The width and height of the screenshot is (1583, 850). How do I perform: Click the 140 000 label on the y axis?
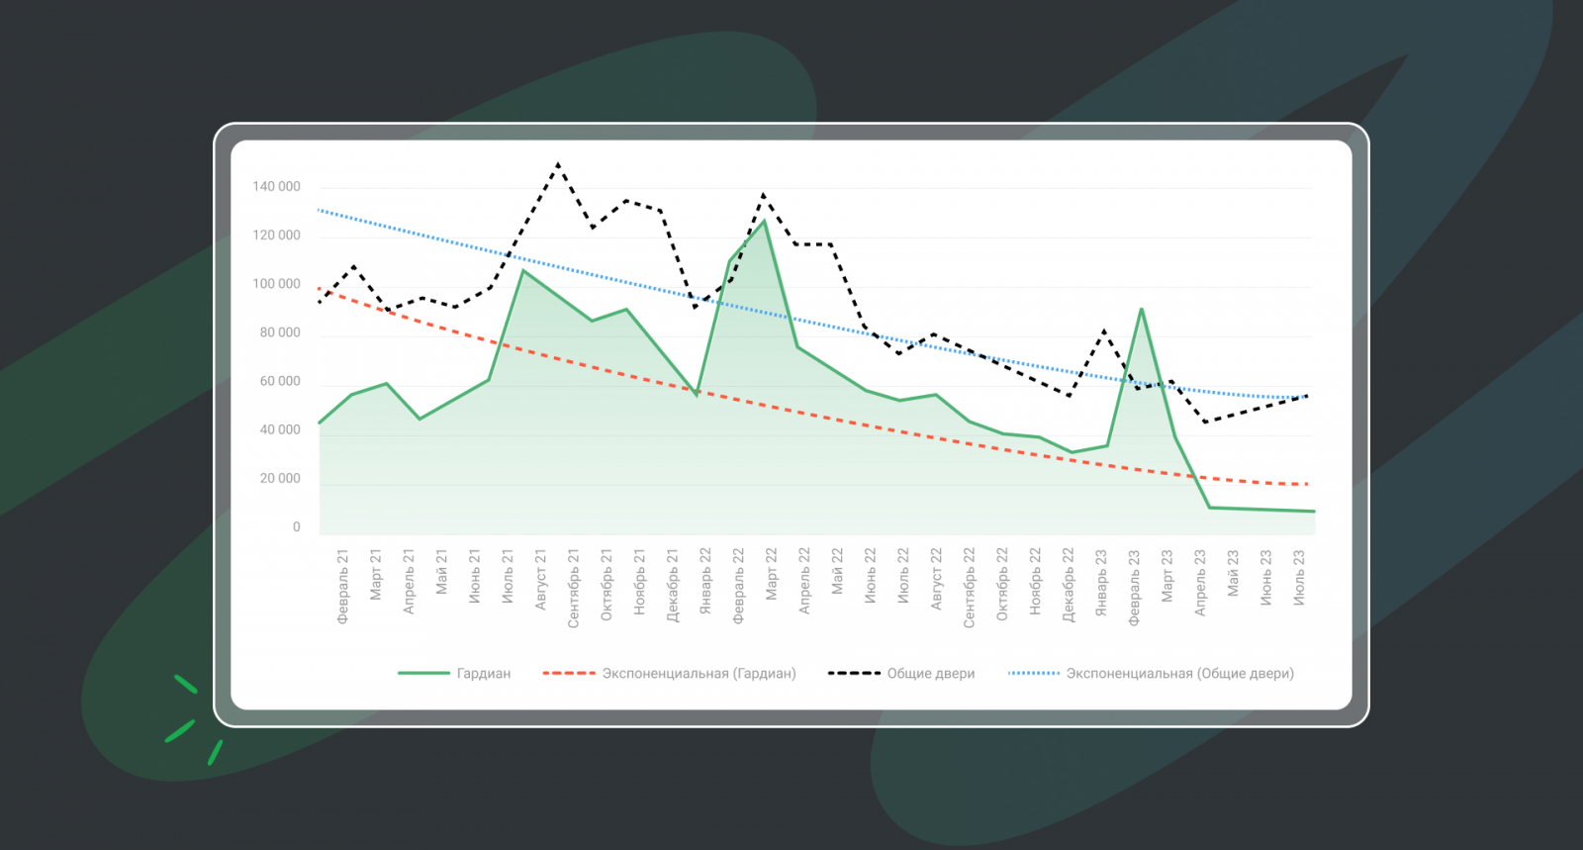276,187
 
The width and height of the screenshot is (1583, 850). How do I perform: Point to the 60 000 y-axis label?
280,382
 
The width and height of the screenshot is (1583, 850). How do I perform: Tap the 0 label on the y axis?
296,527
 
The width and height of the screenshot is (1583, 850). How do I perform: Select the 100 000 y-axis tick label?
276,284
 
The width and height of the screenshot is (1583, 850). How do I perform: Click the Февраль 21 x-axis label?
343,587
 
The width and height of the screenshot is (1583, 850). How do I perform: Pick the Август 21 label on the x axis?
541,580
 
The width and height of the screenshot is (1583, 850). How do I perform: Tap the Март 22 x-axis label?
772,574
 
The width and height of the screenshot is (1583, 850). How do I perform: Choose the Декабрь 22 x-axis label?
1069,585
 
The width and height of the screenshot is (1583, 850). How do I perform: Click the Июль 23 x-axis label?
1299,578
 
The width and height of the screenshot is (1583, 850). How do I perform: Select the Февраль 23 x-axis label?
1135,587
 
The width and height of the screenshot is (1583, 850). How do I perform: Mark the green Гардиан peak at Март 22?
764,221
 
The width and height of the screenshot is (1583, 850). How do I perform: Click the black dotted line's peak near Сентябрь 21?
558,164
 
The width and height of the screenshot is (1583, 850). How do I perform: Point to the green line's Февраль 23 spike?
1142,310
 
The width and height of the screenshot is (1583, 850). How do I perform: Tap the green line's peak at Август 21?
522,270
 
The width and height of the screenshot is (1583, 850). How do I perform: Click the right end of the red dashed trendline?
1308,484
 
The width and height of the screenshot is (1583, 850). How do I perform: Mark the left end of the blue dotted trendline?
319,210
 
